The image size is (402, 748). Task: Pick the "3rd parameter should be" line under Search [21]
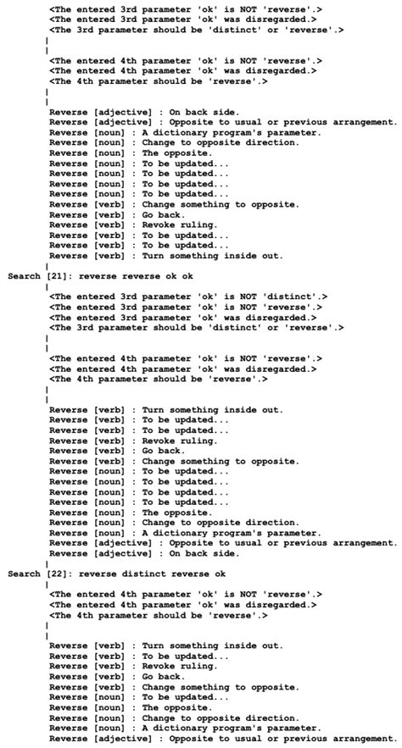coord(196,327)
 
